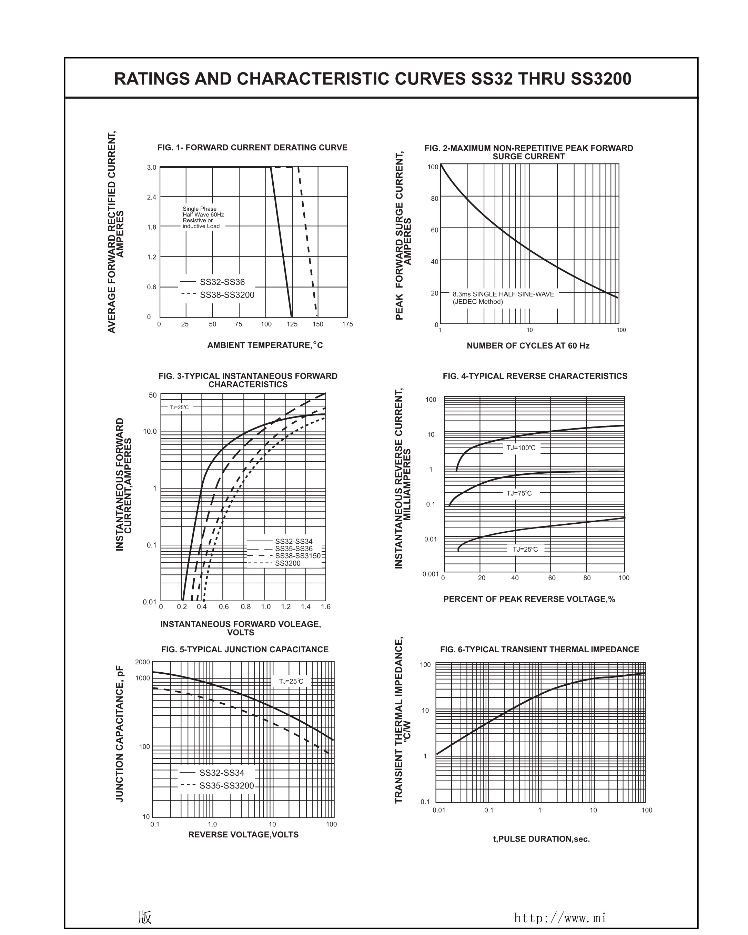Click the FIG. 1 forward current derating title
252,148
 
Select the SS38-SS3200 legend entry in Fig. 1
227,295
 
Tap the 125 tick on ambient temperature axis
292,324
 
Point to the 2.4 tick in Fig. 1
151,197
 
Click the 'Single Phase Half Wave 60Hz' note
203,212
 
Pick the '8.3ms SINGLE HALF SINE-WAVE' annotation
503,294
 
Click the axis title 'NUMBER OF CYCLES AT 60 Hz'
528,346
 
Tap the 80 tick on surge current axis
434,199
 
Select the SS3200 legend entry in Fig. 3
287,563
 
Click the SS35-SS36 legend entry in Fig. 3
294,549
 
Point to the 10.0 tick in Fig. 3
150,432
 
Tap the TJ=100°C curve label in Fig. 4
521,448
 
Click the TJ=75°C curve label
519,493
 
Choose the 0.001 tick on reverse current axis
430,574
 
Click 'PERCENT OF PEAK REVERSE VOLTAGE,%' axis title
528,599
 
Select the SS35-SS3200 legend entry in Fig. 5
226,786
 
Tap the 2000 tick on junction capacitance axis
142,662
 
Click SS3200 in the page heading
600,79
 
